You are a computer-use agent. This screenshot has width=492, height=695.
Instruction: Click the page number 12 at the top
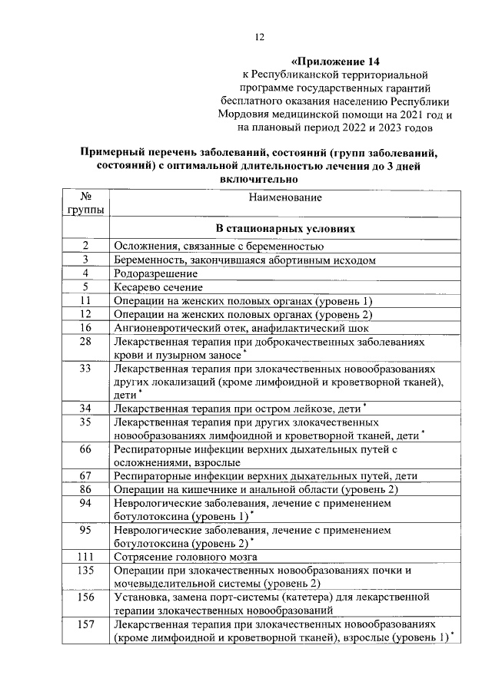point(259,37)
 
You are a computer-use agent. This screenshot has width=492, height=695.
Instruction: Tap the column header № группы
point(86,204)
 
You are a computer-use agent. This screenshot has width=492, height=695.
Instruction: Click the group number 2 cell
point(86,246)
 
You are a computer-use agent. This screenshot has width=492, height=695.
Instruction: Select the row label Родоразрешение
point(151,273)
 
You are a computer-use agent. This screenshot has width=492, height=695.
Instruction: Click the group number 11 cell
point(86,300)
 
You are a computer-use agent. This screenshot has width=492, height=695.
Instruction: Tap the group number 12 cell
point(86,314)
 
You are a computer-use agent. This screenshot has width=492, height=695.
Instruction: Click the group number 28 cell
point(86,342)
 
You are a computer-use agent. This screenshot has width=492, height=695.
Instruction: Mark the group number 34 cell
point(86,408)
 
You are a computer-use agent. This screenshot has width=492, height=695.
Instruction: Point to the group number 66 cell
point(86,449)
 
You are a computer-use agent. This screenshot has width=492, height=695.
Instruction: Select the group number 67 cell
point(86,476)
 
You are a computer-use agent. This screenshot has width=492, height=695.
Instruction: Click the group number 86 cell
point(86,490)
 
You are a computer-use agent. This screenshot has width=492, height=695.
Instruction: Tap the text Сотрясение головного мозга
point(184,557)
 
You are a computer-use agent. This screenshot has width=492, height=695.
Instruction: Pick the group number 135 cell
point(86,571)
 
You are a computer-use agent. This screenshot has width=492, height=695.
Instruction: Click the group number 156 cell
point(86,597)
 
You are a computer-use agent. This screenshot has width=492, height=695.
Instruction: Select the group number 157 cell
point(86,624)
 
